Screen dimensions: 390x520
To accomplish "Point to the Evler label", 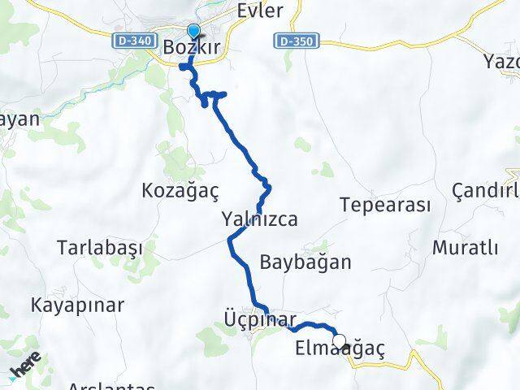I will [x=260, y=11].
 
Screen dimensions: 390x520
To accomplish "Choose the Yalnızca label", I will [x=259, y=219].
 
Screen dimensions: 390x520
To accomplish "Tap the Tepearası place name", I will [x=385, y=204].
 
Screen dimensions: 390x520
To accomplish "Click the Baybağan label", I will [x=305, y=262].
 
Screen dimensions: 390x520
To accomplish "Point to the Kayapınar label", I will [x=78, y=305].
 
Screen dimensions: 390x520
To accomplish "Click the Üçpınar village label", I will [x=260, y=318].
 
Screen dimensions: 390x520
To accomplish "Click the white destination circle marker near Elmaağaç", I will [x=339, y=341].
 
